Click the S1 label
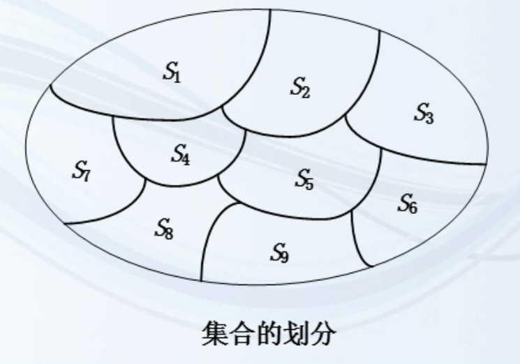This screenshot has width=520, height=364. [x=172, y=72]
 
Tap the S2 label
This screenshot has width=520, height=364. [x=300, y=88]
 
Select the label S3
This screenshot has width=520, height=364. [x=424, y=112]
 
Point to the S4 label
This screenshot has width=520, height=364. [x=181, y=155]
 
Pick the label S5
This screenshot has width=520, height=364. [x=304, y=179]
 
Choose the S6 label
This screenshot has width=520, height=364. [x=408, y=203]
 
